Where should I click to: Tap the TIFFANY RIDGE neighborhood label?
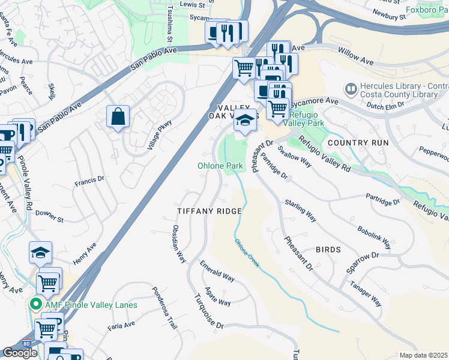pos(209,211)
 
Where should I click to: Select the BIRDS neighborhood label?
pos(328,250)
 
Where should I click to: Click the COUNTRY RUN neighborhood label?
pos(358,143)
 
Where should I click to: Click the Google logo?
pos(20,353)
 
